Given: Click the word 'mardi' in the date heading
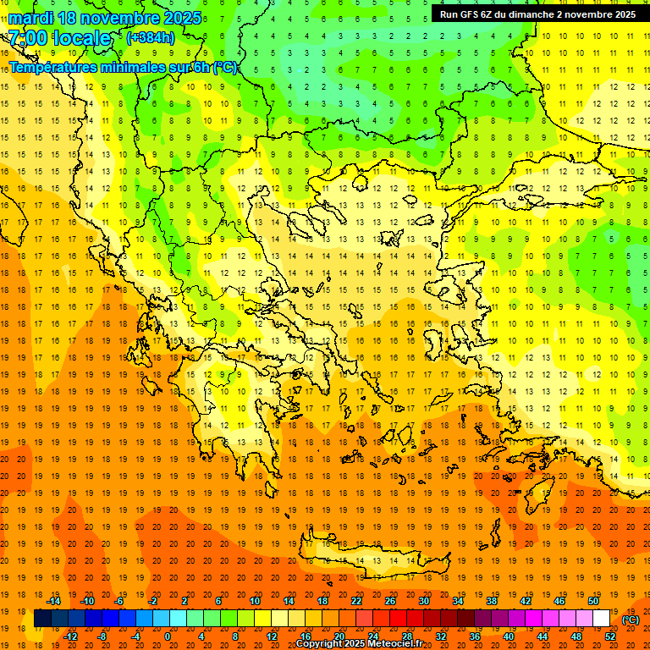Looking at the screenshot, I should [30, 18].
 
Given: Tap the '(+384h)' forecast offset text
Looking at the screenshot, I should [150, 37].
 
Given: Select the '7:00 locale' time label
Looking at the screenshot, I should [59, 38].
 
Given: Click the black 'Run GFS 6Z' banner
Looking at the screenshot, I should [532, 14].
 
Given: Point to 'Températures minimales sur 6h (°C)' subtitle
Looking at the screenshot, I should [124, 67].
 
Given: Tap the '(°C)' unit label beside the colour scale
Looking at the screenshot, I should [630, 620].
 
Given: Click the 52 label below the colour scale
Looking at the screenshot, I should [610, 636].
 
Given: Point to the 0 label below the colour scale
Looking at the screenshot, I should [167, 636].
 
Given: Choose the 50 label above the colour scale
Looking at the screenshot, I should [593, 601].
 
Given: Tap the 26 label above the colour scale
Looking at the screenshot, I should [390, 601].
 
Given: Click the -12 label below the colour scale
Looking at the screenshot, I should [70, 636].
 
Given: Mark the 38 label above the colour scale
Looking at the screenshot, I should [492, 601].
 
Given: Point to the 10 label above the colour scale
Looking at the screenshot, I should [255, 601].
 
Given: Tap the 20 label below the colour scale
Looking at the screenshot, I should [339, 636].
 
